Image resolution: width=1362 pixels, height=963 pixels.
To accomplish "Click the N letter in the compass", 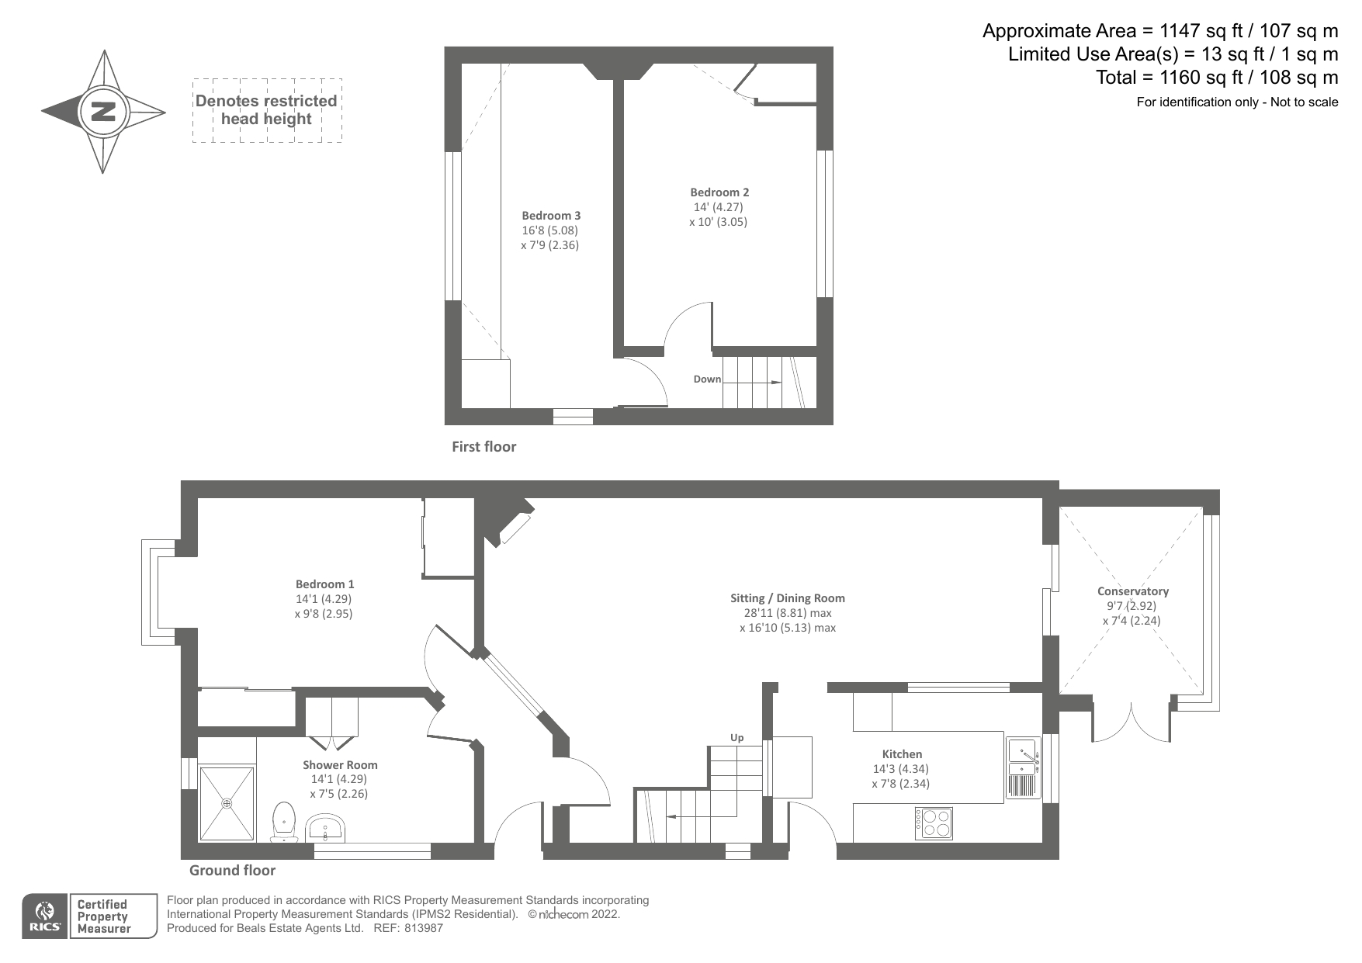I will pyautogui.click(x=102, y=112).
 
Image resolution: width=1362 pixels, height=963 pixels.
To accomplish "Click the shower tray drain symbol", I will pyautogui.click(x=227, y=804).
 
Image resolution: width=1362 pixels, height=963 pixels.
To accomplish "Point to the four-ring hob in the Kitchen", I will pyautogui.click(x=934, y=823).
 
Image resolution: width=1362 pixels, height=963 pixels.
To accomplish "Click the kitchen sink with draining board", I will pyautogui.click(x=1023, y=768).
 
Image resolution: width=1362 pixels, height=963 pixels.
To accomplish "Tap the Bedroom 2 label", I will pyautogui.click(x=719, y=192).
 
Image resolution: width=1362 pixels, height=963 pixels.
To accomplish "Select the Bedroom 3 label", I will pyautogui.click(x=550, y=216).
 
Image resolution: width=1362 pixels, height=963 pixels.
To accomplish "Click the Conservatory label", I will pyautogui.click(x=1132, y=591).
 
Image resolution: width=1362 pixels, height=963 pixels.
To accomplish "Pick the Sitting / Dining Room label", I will pyautogui.click(x=787, y=598).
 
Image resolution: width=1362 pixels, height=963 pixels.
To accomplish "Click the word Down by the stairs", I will pyautogui.click(x=707, y=379).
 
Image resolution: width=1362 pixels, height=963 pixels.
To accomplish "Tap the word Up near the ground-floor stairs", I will pyautogui.click(x=736, y=737).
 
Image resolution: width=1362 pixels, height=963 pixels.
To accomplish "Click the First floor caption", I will pyautogui.click(x=483, y=447).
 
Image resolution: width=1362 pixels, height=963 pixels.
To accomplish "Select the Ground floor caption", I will pyautogui.click(x=232, y=871).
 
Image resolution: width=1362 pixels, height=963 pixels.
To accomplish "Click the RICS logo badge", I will pyautogui.click(x=45, y=916).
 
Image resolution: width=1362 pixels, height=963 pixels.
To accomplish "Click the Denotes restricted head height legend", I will pyautogui.click(x=266, y=110).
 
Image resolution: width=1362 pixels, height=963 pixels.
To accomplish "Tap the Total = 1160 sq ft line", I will pyautogui.click(x=1216, y=78).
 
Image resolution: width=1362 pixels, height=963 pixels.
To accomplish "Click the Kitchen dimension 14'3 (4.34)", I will pyautogui.click(x=900, y=769).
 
